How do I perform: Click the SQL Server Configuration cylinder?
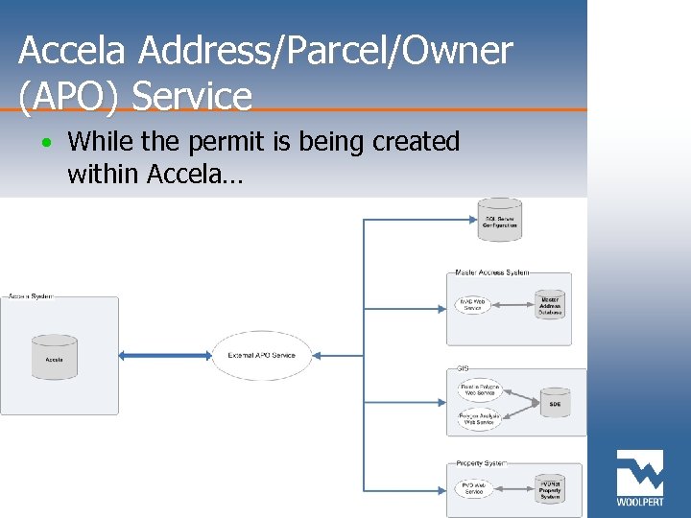(x=500, y=220)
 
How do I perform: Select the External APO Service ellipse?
(x=262, y=355)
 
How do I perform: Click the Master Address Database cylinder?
(x=550, y=305)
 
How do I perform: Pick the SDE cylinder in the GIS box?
(x=555, y=404)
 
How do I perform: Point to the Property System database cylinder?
(x=549, y=488)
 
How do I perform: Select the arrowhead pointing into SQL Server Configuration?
(x=472, y=220)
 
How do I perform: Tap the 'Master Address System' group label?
(x=491, y=273)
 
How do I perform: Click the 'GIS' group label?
(x=463, y=368)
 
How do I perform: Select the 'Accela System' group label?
(x=31, y=296)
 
